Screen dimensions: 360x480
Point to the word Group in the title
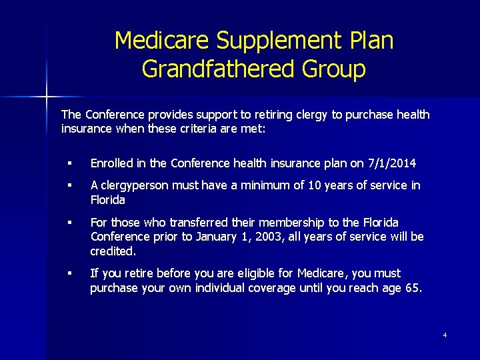[x=335, y=69]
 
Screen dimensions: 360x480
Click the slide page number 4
[x=445, y=335]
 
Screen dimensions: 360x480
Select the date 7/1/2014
[x=392, y=163]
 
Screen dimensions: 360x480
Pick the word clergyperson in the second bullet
[x=135, y=185]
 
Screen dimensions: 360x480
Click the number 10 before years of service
[x=317, y=185]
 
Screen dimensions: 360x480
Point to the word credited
[x=112, y=251]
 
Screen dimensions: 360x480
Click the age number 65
[x=412, y=287]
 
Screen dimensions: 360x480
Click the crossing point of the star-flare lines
[x=47, y=97]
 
